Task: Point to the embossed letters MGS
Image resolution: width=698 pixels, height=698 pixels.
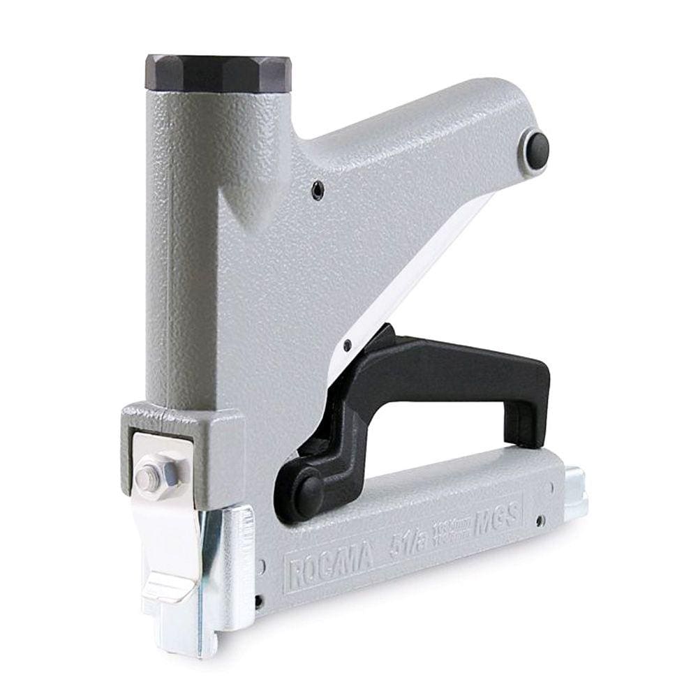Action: [x=496, y=519]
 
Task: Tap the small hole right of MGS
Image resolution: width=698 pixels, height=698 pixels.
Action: [x=541, y=520]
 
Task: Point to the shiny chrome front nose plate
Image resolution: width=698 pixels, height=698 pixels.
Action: [x=227, y=579]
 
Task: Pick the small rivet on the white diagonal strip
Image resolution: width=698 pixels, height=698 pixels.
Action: [x=347, y=343]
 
